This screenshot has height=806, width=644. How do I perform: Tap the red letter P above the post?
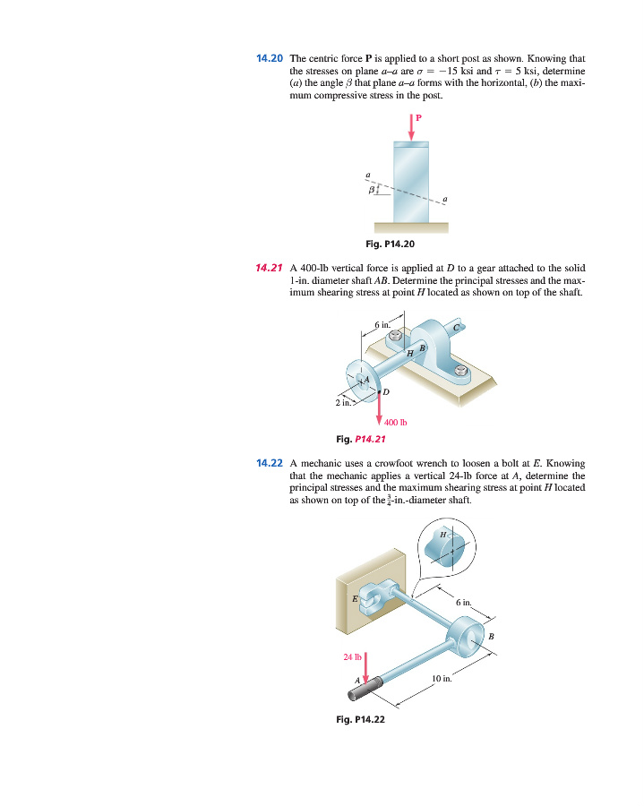(417, 116)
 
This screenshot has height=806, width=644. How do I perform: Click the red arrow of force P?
(411, 126)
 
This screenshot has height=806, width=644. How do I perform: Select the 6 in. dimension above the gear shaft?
(382, 323)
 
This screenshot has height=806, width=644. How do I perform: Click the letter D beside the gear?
(386, 391)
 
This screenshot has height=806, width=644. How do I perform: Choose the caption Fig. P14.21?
(360, 439)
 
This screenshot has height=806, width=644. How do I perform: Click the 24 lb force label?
(352, 656)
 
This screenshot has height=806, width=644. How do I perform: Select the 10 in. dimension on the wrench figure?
(442, 679)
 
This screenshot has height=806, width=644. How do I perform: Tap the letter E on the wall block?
(355, 597)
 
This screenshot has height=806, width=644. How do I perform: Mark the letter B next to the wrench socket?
(490, 636)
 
